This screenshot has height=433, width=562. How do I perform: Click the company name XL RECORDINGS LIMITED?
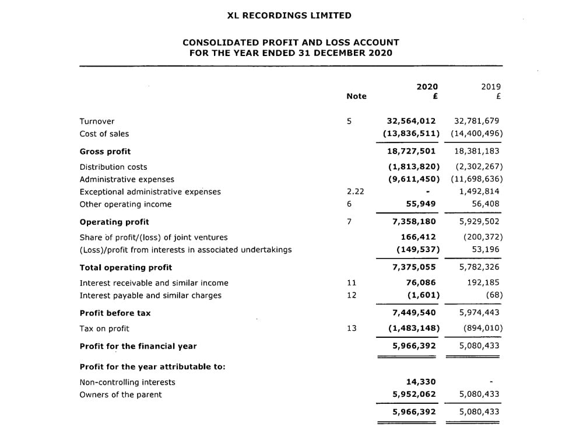pyautogui.click(x=289, y=16)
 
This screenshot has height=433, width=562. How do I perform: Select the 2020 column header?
pyautogui.click(x=427, y=86)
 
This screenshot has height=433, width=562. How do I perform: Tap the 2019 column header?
pyautogui.click(x=490, y=86)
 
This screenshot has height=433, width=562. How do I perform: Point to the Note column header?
pyautogui.click(x=356, y=96)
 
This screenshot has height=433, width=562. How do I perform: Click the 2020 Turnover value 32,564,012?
pyautogui.click(x=412, y=121)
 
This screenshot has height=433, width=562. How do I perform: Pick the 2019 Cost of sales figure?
pyautogui.click(x=476, y=134)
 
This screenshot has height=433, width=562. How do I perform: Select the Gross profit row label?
pyautogui.click(x=105, y=152)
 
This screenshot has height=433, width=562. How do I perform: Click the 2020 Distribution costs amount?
pyautogui.click(x=414, y=167)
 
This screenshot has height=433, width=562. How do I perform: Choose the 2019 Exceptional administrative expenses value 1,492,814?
pyautogui.click(x=479, y=191)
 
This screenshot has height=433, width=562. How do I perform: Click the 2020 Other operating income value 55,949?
pyautogui.click(x=421, y=204)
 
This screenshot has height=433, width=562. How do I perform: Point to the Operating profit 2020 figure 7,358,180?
pyautogui.click(x=414, y=222)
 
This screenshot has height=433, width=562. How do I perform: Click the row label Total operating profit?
pyautogui.click(x=125, y=267)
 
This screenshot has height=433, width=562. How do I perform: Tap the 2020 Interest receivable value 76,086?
pyautogui.click(x=421, y=283)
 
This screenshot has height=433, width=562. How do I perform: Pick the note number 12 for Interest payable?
pyautogui.click(x=352, y=295)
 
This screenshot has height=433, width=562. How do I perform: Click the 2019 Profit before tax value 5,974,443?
pyautogui.click(x=479, y=313)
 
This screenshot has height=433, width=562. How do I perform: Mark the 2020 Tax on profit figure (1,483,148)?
pyautogui.click(x=414, y=329)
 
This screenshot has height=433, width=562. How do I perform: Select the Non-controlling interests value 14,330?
pyautogui.click(x=421, y=382)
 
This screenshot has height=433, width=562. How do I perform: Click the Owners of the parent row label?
pyautogui.click(x=121, y=394)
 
